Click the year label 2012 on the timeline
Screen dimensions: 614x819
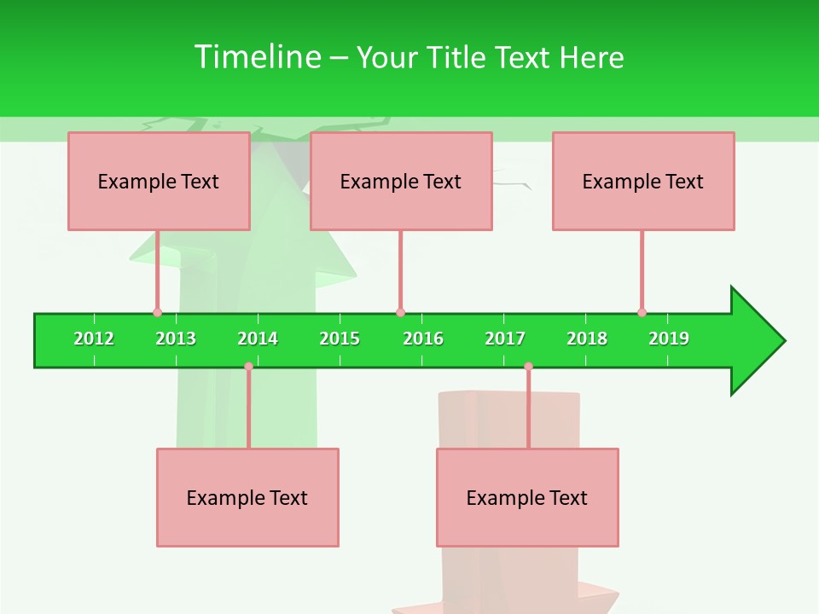tap(94, 339)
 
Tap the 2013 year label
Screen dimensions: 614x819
tap(176, 339)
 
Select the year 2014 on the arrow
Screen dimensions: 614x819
tap(258, 339)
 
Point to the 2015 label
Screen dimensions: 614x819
tap(340, 339)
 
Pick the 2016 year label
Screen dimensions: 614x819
tap(423, 339)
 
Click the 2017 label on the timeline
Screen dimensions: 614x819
tap(505, 339)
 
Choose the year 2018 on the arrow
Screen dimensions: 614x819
tap(587, 339)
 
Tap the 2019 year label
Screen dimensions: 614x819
tap(669, 339)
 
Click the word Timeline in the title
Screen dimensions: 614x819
tap(256, 57)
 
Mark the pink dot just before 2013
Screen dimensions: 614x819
tap(157, 312)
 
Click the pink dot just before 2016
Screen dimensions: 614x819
tap(400, 312)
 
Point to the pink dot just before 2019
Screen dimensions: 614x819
tap(642, 312)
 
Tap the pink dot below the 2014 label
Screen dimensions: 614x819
tap(248, 367)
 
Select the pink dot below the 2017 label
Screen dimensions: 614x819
tap(528, 367)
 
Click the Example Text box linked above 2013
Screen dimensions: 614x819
tap(159, 181)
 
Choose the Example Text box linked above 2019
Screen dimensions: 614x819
tap(643, 181)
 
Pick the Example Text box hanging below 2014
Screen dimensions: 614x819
tap(247, 497)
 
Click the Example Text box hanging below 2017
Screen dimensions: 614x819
tap(527, 497)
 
